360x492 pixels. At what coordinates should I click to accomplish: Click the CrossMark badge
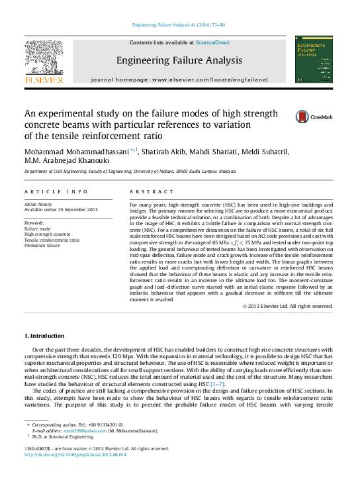click(314, 117)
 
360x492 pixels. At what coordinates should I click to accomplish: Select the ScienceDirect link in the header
click(212, 42)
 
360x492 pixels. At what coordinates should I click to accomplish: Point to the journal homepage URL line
click(179, 79)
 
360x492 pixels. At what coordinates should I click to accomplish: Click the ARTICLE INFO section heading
click(56, 191)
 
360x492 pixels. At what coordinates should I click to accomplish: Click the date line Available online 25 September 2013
click(61, 210)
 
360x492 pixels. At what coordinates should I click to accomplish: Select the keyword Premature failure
click(42, 245)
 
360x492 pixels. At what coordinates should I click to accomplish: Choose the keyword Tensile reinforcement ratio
click(52, 240)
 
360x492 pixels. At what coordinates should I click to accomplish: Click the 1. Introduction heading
click(44, 336)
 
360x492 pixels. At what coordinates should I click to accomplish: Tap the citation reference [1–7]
click(217, 384)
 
